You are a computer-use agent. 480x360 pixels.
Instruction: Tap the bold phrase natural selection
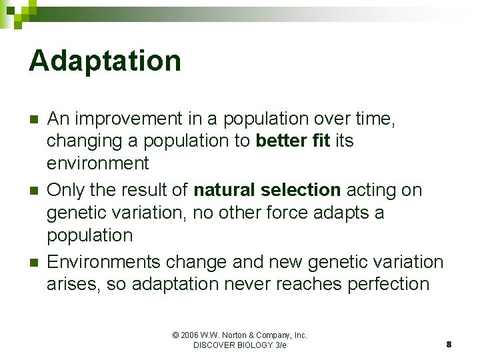click(x=267, y=190)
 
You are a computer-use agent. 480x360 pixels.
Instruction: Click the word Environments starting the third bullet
click(x=104, y=262)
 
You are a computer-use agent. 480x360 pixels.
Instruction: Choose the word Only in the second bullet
click(x=65, y=190)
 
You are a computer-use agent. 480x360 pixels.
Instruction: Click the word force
click(x=301, y=213)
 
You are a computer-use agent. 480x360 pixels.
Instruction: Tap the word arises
click(x=69, y=284)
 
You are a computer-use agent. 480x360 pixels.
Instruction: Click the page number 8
click(x=449, y=345)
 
